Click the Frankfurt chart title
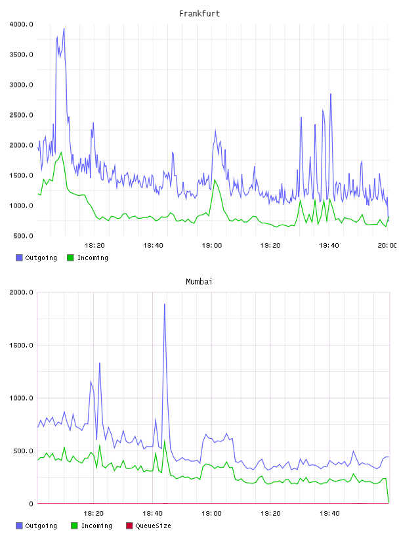pyautogui.click(x=199, y=14)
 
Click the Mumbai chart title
pyautogui.click(x=199, y=282)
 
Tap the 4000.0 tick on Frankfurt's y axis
pyautogui.click(x=21, y=24)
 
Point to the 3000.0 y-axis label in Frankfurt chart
pyautogui.click(x=21, y=85)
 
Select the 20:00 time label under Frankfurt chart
pyautogui.click(x=387, y=245)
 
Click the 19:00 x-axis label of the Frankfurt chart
pyautogui.click(x=212, y=245)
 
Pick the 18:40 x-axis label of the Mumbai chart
pyautogui.click(x=152, y=513)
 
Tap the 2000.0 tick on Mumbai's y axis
pyautogui.click(x=21, y=292)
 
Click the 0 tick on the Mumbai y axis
pyautogui.click(x=31, y=504)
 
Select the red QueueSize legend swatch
pyautogui.click(x=129, y=525)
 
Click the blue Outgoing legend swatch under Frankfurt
pyautogui.click(x=19, y=257)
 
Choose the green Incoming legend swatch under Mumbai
pyautogui.click(x=74, y=525)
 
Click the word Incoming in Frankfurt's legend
pyautogui.click(x=93, y=258)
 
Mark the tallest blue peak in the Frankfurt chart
pyautogui.click(x=64, y=29)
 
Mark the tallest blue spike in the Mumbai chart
pyautogui.click(x=165, y=304)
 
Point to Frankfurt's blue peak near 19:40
pyautogui.click(x=331, y=94)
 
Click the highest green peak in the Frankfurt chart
pyautogui.click(x=62, y=152)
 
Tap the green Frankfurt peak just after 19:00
pyautogui.click(x=215, y=180)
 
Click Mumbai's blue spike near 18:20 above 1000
pyautogui.click(x=99, y=363)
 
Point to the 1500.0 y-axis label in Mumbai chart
pyautogui.click(x=21, y=346)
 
